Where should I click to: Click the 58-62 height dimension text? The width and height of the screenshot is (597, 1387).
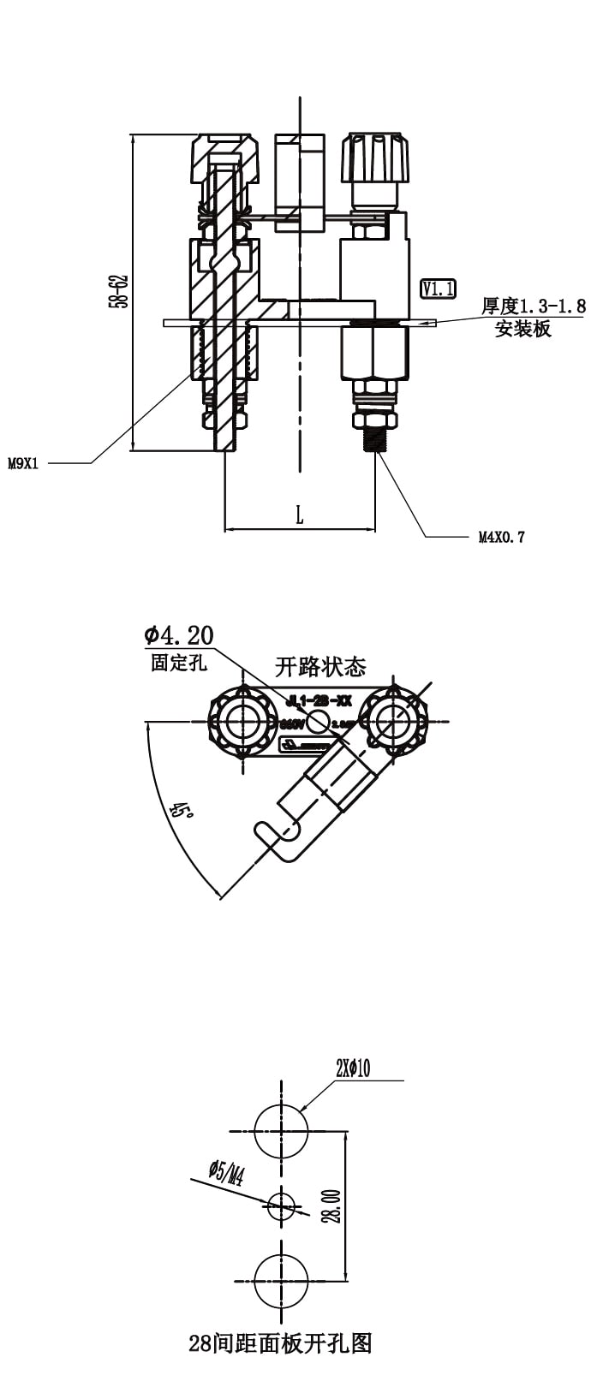point(119,291)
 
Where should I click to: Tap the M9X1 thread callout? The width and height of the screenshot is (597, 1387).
point(23,464)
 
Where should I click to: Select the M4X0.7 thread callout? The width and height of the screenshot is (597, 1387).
point(501,538)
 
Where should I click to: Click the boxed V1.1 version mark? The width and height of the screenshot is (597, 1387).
point(438,289)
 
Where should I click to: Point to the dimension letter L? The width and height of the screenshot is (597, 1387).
point(299,515)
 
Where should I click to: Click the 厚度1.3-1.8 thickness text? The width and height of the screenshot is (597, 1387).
point(533,306)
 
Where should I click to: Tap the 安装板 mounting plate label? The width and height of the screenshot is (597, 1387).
point(522,329)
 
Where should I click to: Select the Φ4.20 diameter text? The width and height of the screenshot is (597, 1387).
point(179,635)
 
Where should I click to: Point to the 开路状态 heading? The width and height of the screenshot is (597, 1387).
point(320,666)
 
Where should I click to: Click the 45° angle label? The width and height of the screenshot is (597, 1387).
point(181,810)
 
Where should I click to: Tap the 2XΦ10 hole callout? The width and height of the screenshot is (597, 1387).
point(353,1069)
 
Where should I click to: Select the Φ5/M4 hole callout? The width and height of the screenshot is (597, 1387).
point(226,1172)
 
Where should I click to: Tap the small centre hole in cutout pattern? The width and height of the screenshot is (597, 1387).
point(280,1206)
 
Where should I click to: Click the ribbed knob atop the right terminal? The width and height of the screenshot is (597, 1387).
point(374,157)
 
